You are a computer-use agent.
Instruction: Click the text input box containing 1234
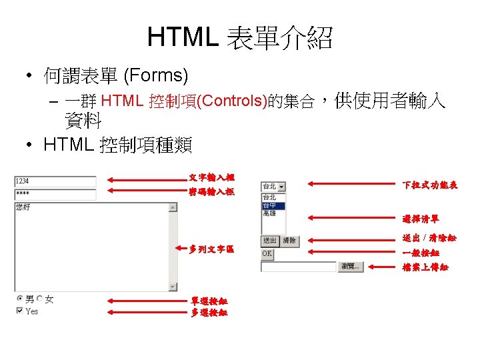point(55,181)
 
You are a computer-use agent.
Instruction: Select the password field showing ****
point(55,195)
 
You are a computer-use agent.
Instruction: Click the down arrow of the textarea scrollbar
point(173,287)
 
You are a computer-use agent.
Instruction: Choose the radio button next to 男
point(19,299)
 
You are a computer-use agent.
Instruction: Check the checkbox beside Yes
point(19,311)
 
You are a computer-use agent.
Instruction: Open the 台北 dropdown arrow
point(281,187)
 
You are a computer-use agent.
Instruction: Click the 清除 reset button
point(289,241)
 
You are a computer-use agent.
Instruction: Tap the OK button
point(267,253)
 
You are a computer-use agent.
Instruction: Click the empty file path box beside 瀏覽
point(299,267)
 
